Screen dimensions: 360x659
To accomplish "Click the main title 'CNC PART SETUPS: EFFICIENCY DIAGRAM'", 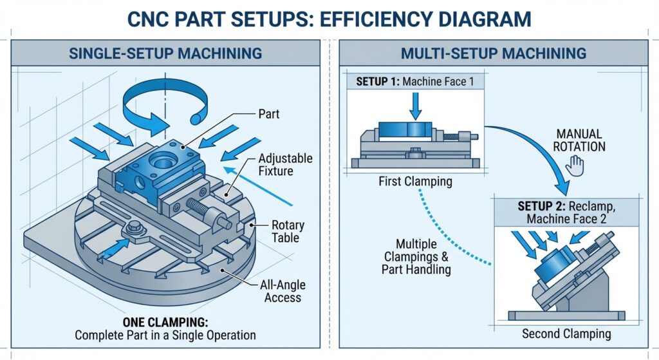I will pos(329,18).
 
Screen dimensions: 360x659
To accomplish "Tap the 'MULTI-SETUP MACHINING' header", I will pos(493,53).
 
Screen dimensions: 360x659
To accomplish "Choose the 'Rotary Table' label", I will pos(287,232).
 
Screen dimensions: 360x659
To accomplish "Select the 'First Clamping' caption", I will pos(415,182).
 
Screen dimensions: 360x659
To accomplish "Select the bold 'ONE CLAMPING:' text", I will pos(165,321).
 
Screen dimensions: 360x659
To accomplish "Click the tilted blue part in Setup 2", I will pos(555,262).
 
